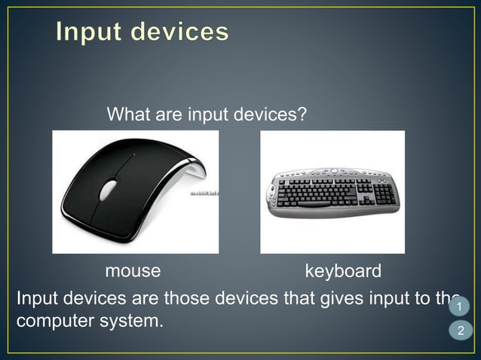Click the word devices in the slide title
(179, 32)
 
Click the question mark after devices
(302, 115)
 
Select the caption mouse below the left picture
(133, 270)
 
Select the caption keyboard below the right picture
(343, 270)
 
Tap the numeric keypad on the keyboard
(384, 193)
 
